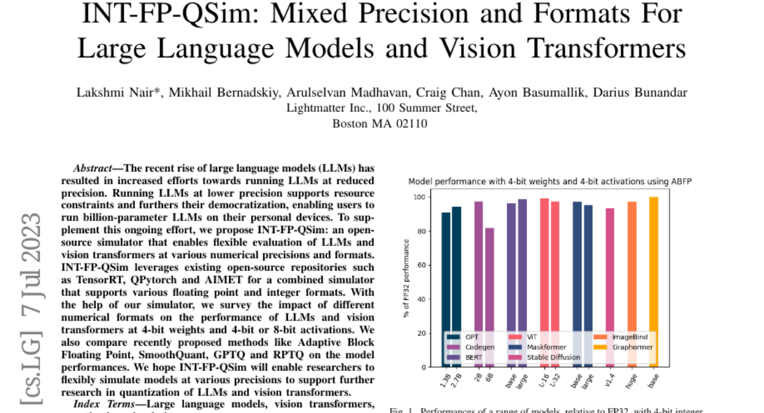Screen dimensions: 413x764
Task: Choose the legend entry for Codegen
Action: (478, 347)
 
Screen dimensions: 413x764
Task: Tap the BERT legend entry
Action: (474, 357)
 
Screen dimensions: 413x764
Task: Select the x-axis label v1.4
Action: (609, 380)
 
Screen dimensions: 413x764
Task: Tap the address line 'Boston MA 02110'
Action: (380, 123)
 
